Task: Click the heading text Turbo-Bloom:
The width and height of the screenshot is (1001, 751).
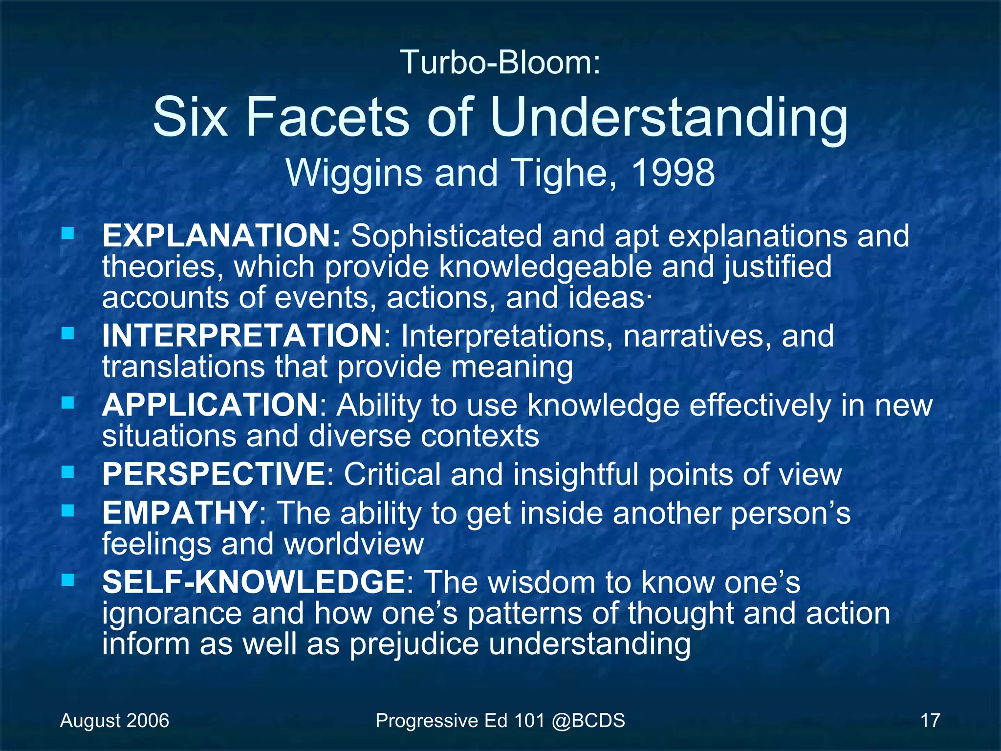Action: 500,63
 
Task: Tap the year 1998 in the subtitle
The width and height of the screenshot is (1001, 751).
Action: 673,173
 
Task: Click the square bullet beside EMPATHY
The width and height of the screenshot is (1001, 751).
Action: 68,511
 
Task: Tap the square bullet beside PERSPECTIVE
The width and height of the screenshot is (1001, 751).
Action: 68,472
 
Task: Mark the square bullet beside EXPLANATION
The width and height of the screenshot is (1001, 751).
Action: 68,233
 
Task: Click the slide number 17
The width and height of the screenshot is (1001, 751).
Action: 930,721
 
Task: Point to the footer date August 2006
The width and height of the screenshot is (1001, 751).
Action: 114,721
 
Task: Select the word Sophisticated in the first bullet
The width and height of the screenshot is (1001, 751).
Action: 447,236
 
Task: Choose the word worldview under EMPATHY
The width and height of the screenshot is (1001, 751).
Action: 354,544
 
